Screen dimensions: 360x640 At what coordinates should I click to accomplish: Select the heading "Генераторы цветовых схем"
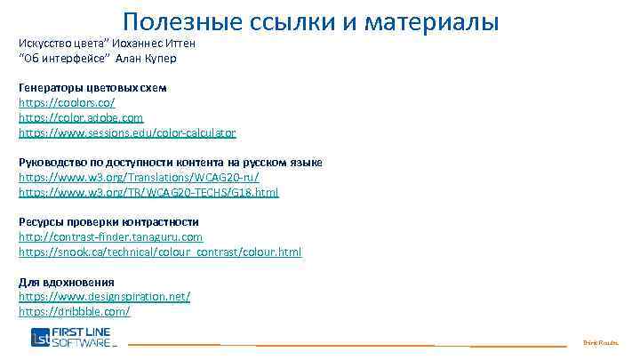pyautogui.click(x=92, y=88)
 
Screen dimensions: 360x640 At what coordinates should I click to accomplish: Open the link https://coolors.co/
pyautogui.click(x=67, y=103)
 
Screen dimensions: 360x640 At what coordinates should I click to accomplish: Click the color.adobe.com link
pyautogui.click(x=81, y=117)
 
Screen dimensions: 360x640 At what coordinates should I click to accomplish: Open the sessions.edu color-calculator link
pyautogui.click(x=127, y=132)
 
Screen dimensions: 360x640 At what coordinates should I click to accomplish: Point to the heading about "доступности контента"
pyautogui.click(x=171, y=162)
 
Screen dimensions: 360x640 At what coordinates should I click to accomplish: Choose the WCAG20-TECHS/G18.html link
pyautogui.click(x=148, y=192)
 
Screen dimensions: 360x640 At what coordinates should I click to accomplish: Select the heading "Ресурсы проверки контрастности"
pyautogui.click(x=108, y=221)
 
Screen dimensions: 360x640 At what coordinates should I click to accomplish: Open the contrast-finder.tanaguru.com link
pyautogui.click(x=110, y=236)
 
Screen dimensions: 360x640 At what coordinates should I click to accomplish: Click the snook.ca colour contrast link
pyautogui.click(x=160, y=252)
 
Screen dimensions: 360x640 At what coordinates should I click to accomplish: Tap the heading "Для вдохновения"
pyautogui.click(x=66, y=282)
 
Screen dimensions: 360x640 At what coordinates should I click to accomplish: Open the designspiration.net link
pyautogui.click(x=104, y=296)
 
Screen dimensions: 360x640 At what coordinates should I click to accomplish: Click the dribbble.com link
pyautogui.click(x=75, y=311)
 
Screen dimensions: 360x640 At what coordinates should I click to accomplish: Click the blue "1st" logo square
pyautogui.click(x=41, y=338)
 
